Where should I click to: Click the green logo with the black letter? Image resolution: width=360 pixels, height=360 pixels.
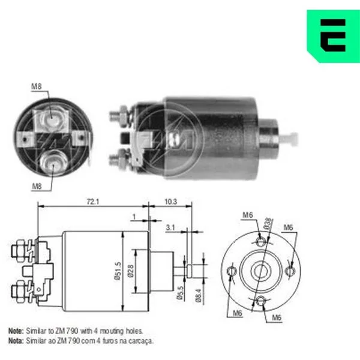334,36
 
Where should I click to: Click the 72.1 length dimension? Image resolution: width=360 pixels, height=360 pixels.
93,202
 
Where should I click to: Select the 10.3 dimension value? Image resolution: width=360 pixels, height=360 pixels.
171,202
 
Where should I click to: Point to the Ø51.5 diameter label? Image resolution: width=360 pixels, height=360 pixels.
118,271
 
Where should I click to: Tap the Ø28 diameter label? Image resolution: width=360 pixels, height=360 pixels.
131,271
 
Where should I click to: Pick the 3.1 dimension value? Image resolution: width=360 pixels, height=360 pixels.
170,227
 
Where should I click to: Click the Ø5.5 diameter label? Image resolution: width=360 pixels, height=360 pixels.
181,293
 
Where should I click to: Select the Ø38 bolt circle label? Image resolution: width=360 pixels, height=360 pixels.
268,223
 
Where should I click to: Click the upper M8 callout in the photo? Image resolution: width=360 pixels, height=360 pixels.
37,86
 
